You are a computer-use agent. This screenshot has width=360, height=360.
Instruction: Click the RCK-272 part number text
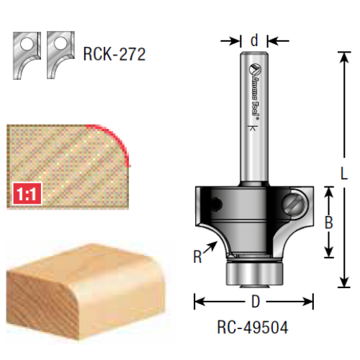pyautogui.click(x=114, y=54)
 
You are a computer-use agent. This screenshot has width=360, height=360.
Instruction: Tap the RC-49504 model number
pyautogui.click(x=253, y=327)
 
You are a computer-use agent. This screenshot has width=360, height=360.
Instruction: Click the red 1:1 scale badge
pyautogui.click(x=27, y=194)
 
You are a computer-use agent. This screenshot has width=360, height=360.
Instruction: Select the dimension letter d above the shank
pyautogui.click(x=254, y=40)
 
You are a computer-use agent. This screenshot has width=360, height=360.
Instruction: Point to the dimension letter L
pyautogui.click(x=344, y=173)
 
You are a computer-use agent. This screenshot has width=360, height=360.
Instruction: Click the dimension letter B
pyautogui.click(x=329, y=222)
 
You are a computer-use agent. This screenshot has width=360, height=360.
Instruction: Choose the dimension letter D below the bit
pyautogui.click(x=256, y=302)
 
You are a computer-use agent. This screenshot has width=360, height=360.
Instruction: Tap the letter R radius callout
pyautogui.click(x=197, y=256)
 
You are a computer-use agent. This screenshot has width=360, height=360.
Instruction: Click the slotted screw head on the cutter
pyautogui.click(x=294, y=204)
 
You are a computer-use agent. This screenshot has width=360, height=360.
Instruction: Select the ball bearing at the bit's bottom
pyautogui.click(x=255, y=273)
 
